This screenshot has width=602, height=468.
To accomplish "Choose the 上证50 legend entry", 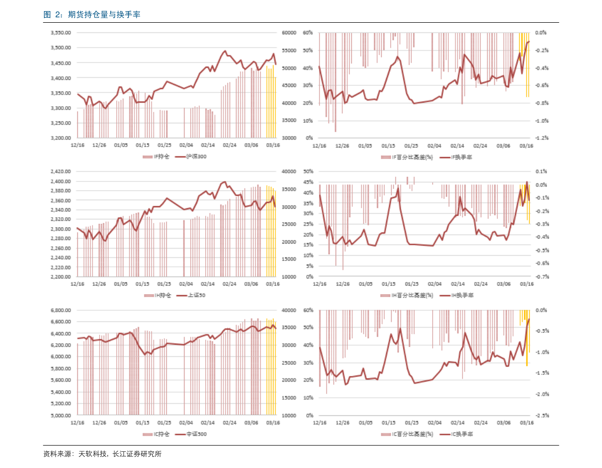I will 197,295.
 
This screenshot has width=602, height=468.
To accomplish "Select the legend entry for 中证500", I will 196,434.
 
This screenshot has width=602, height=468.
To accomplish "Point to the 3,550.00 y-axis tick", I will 60,32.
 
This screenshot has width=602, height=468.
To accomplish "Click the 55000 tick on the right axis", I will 289,51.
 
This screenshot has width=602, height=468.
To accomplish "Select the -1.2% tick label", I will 541,138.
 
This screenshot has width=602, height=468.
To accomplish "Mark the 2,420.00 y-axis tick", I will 60,172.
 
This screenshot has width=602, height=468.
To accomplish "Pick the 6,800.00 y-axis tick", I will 60,310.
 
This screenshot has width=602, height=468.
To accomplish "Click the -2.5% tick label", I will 541,415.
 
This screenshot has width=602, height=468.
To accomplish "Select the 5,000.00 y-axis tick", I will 60,415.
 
